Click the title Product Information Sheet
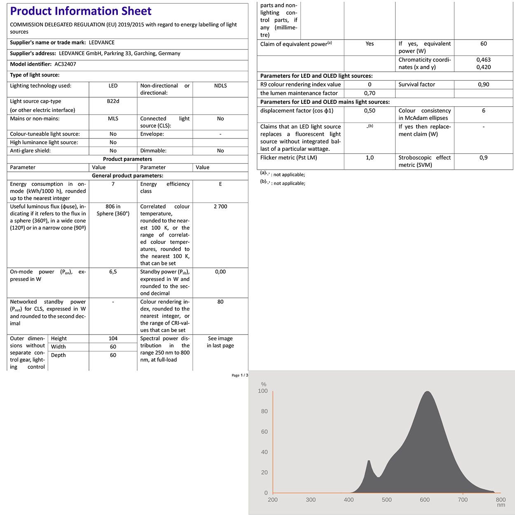(81, 11)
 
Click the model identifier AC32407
(65, 64)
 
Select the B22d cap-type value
(113, 101)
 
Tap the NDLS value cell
(220, 86)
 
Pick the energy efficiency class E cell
(220, 184)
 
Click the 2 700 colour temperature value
(220, 206)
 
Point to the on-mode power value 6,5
(113, 272)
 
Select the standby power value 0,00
(220, 272)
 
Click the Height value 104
(113, 339)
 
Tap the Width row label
(59, 347)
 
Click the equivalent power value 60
(484, 44)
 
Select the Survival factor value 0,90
(484, 84)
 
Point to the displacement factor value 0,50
(370, 111)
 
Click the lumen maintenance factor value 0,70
(370, 94)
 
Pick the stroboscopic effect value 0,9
(484, 158)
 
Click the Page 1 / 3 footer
(240, 375)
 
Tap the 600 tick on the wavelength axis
(425, 500)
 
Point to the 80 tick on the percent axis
(264, 411)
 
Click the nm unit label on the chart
(501, 505)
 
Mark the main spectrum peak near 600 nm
(427, 392)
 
